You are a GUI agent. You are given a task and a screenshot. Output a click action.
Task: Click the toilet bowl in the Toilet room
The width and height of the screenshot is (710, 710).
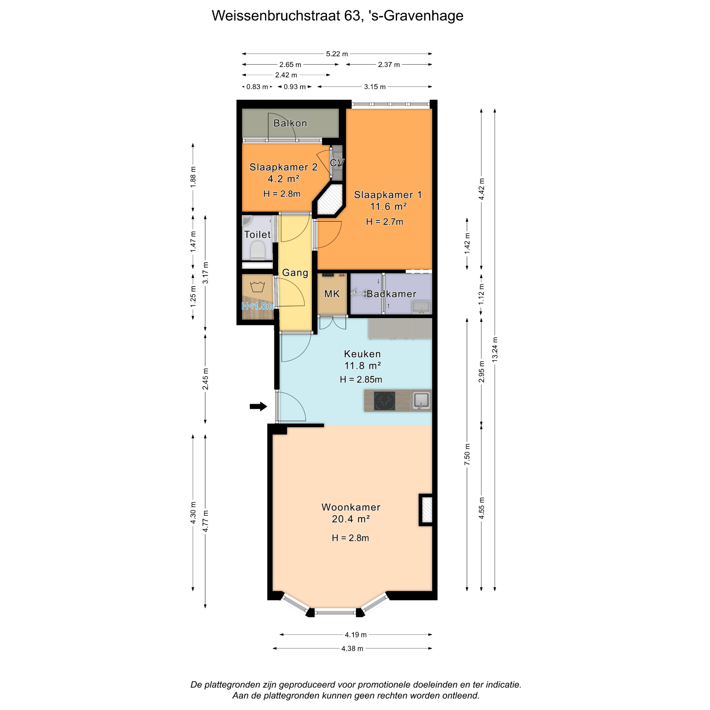[258, 250]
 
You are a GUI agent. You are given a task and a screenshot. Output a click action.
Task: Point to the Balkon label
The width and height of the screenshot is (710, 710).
[290, 123]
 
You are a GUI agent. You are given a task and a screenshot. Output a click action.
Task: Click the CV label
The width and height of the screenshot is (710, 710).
[337, 162]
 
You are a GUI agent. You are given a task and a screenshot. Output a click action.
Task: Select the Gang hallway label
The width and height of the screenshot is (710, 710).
[295, 273]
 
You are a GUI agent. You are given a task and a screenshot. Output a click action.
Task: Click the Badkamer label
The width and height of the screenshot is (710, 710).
[391, 294]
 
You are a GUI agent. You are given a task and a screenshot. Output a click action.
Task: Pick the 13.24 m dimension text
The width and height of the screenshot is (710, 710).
[495, 350]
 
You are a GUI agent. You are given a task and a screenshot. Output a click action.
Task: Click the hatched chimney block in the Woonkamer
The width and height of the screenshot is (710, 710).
[426, 509]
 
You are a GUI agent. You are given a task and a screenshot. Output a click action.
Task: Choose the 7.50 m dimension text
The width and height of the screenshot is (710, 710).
[467, 454]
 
